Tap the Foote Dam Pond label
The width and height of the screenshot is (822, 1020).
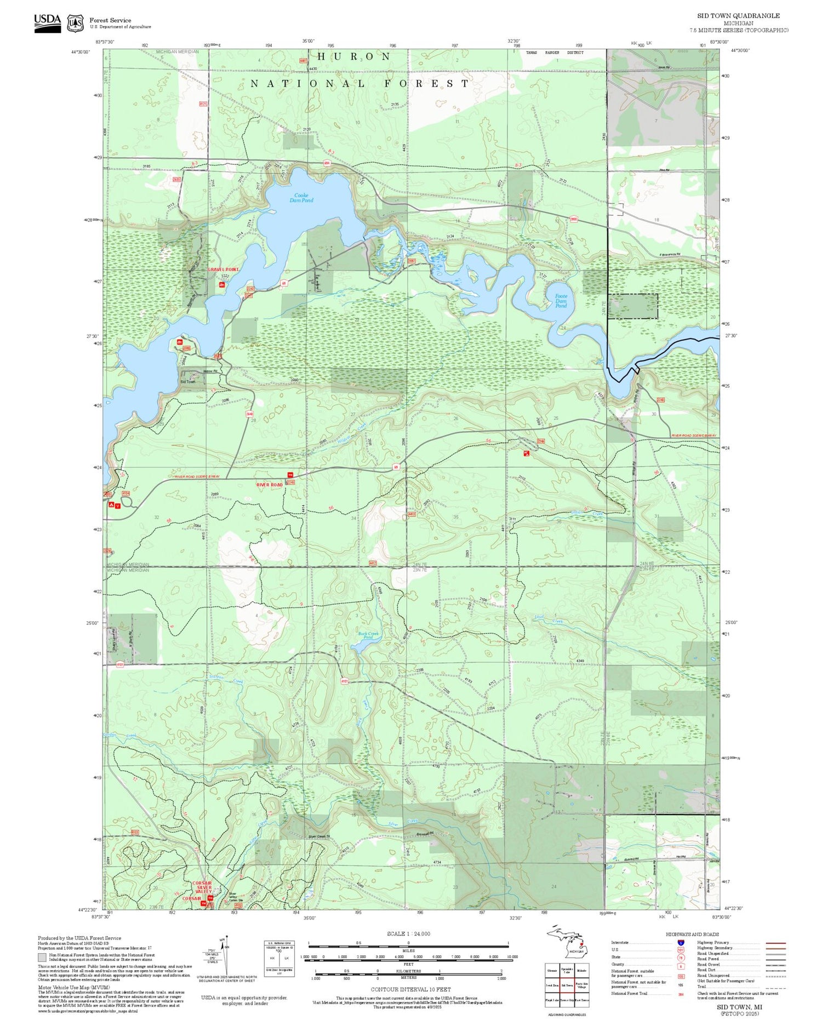click(561, 301)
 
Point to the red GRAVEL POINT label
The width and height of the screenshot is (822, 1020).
click(223, 270)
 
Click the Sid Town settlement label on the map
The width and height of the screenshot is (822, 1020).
click(187, 382)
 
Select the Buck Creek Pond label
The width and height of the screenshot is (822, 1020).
click(368, 635)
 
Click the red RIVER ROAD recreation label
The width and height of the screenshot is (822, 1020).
click(270, 485)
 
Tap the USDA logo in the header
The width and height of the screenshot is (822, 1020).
click(48, 22)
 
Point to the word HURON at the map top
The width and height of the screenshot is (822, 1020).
click(354, 56)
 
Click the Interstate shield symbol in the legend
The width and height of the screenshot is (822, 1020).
click(680, 942)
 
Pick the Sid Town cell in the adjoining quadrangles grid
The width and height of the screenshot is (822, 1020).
click(567, 985)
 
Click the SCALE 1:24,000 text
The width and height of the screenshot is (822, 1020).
click(408, 933)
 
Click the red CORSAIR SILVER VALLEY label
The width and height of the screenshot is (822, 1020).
click(202, 887)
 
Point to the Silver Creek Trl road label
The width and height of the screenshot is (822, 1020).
click(319, 836)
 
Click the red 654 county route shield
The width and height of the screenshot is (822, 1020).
click(327, 163)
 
